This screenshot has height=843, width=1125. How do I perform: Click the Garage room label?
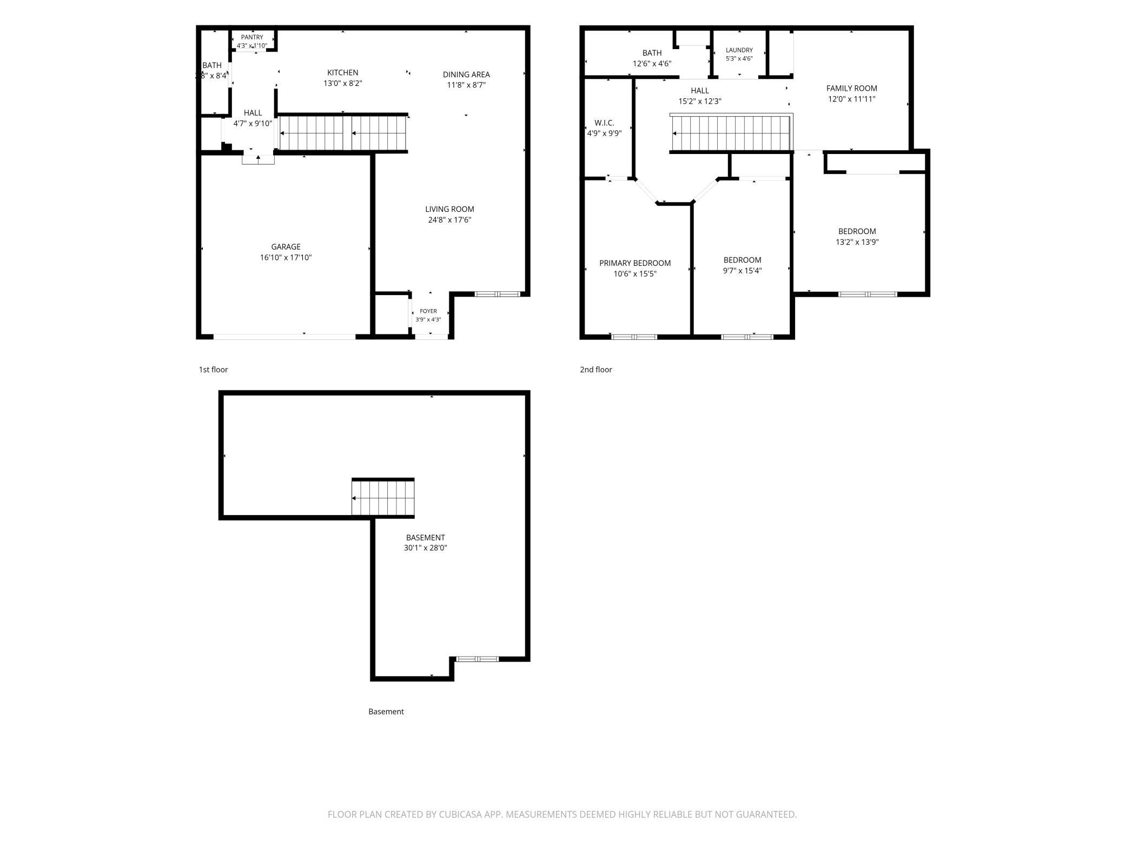coord(286,247)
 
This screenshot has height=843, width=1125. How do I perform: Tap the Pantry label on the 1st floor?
coord(252,37)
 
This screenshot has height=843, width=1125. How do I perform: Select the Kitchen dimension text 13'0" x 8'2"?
coord(343,83)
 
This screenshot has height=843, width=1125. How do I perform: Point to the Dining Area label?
coord(466,75)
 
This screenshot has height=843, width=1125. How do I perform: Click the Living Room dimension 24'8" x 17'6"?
coord(449,220)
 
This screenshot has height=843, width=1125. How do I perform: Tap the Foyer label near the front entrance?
coord(428,311)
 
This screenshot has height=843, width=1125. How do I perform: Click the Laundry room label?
coord(739,50)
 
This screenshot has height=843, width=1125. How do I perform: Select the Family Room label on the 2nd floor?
coord(852,88)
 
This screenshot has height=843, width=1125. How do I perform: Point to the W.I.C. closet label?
coord(604,123)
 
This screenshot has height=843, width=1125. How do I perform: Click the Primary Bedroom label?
coord(635,263)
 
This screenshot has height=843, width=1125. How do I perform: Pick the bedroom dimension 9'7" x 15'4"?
coord(742,271)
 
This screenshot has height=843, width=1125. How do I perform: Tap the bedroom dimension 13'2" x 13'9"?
coord(857,242)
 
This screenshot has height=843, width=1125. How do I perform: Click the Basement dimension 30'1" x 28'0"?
coord(426,548)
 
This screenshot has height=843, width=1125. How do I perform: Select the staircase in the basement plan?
coord(383,498)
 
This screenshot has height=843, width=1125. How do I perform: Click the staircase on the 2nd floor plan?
coord(731,133)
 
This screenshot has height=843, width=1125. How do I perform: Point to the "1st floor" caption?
coord(214,370)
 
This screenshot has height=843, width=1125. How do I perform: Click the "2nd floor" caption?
coord(596,370)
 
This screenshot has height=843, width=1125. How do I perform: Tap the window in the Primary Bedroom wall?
coord(634,337)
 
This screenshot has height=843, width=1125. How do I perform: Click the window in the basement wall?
coord(477,659)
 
